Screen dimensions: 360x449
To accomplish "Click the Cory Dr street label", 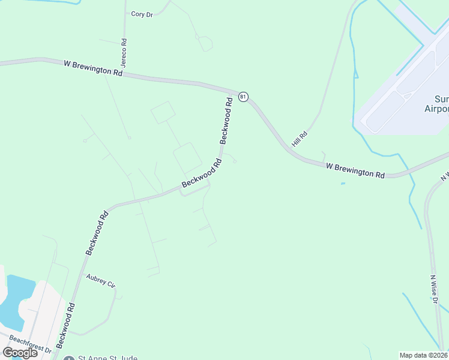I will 142,14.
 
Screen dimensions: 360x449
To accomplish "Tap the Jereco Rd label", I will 124,52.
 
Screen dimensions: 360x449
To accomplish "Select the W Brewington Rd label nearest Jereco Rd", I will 92,67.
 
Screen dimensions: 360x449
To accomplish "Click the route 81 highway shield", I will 243,97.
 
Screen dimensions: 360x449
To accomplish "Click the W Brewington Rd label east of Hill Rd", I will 355,170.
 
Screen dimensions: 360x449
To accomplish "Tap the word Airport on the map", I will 437,109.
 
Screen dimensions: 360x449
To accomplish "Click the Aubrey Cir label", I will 100,280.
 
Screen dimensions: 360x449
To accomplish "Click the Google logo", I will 19,352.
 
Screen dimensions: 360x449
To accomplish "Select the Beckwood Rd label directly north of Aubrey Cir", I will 97,233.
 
